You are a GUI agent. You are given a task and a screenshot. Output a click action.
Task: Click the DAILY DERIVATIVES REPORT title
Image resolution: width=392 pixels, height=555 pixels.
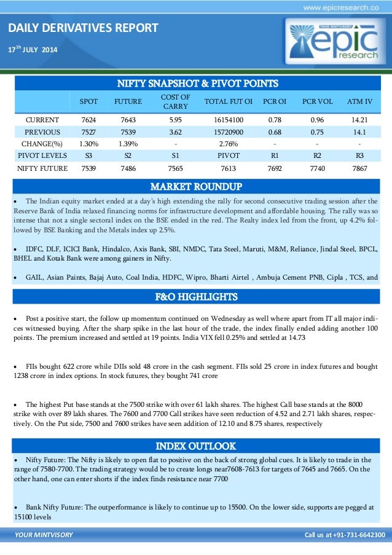pyautogui.click(x=82, y=28)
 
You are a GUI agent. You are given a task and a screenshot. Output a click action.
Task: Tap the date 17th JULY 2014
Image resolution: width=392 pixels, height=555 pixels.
pyautogui.click(x=32, y=49)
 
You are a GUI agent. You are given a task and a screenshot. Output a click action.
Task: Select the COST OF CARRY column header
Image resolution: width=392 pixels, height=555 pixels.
pyautogui.click(x=175, y=101)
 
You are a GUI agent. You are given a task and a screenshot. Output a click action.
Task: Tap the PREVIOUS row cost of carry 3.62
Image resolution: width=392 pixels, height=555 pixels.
pyautogui.click(x=175, y=132)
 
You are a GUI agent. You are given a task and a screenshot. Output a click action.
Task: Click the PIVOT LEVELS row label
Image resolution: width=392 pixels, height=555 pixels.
pyautogui.click(x=38, y=155)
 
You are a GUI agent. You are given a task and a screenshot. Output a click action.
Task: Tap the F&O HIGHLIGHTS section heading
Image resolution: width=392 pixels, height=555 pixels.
pyautogui.click(x=196, y=297)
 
